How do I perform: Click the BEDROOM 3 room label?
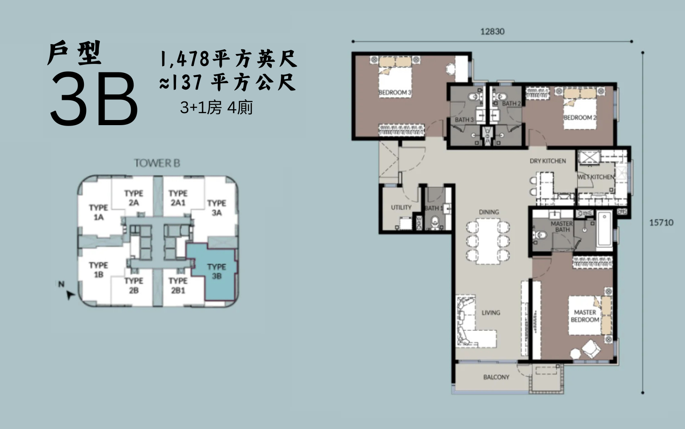[395, 93]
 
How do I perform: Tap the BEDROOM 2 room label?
[580, 117]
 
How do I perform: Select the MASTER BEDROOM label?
[585, 316]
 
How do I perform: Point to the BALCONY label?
[496, 377]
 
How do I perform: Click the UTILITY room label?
[401, 207]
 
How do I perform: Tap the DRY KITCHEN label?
[548, 161]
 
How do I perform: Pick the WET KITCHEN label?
[596, 177]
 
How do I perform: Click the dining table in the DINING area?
[488, 241]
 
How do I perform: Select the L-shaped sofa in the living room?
[475, 321]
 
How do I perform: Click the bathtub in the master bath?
[604, 229]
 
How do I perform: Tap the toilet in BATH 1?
[435, 222]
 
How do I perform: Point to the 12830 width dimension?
[492, 32]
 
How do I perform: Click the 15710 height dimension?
[661, 222]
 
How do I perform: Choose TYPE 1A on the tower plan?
[98, 213]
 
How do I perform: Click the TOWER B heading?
[157, 163]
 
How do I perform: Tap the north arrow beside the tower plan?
[70, 295]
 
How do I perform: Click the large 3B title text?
[94, 99]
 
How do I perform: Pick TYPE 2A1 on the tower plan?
[178, 198]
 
